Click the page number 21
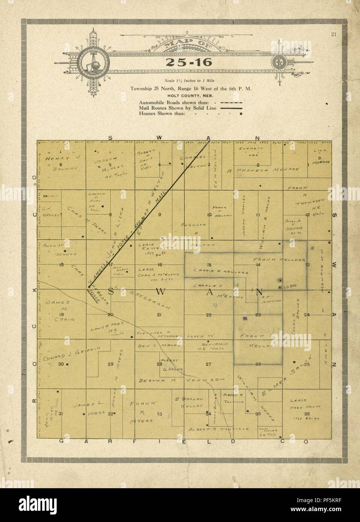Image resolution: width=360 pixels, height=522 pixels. pyautogui.click(x=333, y=35)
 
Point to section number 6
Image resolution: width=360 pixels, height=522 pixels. pyautogui.click(x=60, y=164)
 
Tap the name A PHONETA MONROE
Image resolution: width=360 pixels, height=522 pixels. pyautogui.click(x=263, y=170)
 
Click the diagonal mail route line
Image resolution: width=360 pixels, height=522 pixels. pyautogui.click(x=150, y=214)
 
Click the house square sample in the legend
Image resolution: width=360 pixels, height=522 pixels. pyautogui.click(x=241, y=113)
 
